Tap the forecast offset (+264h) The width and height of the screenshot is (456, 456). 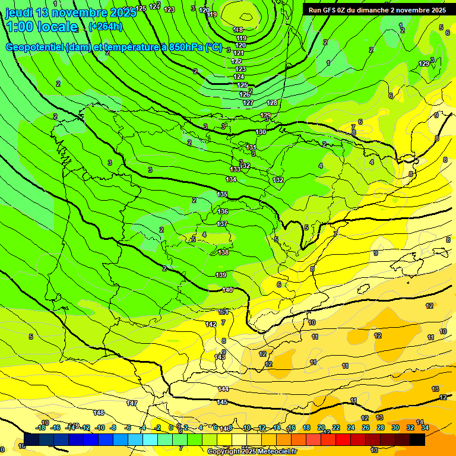pos(105,26)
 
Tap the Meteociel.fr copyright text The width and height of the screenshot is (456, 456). pos(251,451)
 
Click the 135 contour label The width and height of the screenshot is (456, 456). pos(222,194)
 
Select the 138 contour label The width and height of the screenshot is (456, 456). pos(223,252)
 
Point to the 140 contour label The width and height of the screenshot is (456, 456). pos(227,290)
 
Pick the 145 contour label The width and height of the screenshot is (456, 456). pos(222,402)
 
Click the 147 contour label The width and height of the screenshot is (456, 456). pos(132,403)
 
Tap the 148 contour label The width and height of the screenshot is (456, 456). pos(99,413)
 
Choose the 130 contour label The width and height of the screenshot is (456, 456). pos(261,132)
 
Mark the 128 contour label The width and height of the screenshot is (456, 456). pos(272,103)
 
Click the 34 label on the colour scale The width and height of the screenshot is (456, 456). pos(425,427)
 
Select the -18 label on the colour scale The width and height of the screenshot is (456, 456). pos(40,427)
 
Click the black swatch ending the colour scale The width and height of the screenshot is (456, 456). pos(417,439)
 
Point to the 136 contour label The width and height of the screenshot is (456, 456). pos(223,211)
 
